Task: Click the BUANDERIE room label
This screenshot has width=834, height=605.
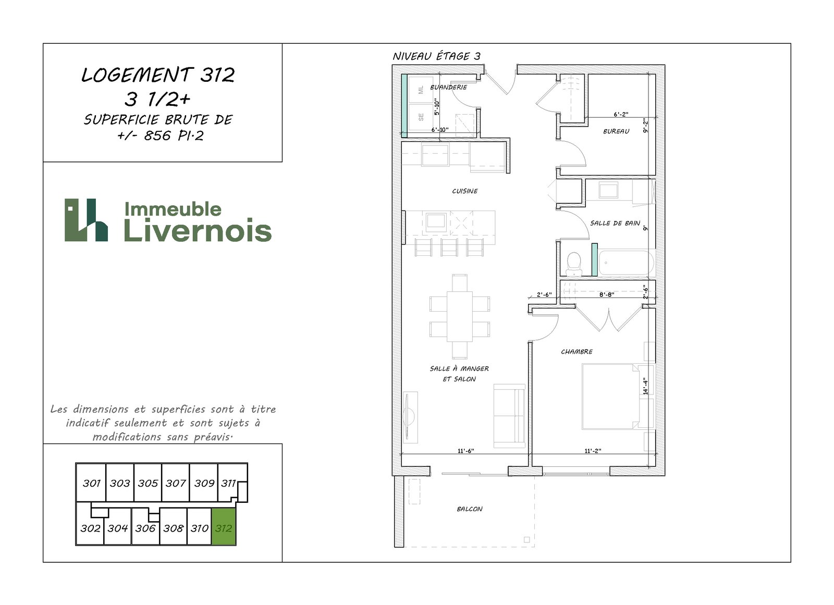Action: tap(448, 87)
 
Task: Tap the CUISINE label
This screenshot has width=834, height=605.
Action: tap(464, 191)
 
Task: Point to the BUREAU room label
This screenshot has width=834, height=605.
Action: tap(616, 131)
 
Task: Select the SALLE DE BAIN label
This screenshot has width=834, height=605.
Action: tap(615, 223)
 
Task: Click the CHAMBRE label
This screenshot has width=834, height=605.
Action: tap(577, 351)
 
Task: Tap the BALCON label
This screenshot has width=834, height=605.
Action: tap(470, 509)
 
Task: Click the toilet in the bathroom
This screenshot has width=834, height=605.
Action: tap(574, 264)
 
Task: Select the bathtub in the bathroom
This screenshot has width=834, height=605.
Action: tap(626, 263)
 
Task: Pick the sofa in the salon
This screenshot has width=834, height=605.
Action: tap(509, 416)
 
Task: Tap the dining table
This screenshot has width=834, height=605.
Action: tap(459, 316)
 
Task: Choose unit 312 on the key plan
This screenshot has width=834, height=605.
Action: tap(224, 527)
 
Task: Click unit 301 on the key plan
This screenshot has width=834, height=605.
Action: tap(91, 483)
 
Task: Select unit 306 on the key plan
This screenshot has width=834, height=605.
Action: tap(145, 528)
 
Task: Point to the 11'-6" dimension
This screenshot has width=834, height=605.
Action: tap(466, 451)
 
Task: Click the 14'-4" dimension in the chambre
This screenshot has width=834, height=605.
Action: tap(646, 386)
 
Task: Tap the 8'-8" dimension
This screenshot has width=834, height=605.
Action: tap(607, 294)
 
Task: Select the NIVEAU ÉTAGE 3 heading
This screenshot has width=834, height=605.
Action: tap(436, 56)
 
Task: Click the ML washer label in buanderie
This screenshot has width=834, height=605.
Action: tap(421, 90)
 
